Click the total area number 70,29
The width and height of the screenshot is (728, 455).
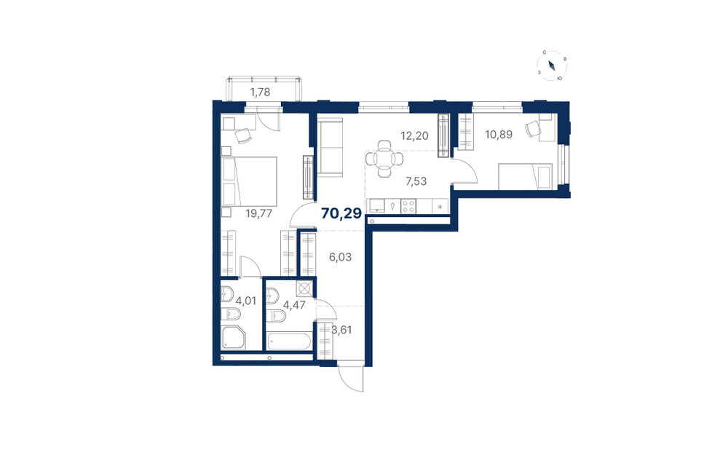coord(341,213)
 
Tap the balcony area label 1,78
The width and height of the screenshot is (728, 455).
coord(260,92)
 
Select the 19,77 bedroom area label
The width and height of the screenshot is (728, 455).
coord(258,213)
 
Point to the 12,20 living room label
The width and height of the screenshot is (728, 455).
coord(415,135)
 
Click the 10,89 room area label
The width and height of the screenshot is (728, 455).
coord(499,135)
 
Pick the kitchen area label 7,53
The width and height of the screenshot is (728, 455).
coord(416,181)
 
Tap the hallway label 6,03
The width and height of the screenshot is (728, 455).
coord(340,257)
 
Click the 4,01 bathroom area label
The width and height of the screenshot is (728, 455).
coord(245,301)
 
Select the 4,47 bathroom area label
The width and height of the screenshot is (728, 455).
coord(293,305)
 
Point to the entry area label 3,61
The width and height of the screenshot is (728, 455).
coord(341,330)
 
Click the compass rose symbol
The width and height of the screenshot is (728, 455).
coord(552,66)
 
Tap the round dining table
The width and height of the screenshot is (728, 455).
coord(384,159)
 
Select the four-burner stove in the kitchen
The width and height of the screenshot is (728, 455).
coord(408,206)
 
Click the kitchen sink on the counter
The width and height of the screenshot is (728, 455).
coord(376,206)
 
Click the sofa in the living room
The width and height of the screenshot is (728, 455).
coord(330,147)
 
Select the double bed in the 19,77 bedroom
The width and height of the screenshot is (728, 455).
coord(249,181)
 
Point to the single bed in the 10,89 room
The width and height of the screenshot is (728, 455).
coord(525,176)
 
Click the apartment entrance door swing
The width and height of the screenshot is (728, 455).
coord(351,378)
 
